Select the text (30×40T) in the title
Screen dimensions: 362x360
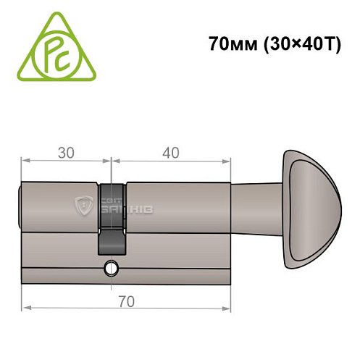pyautogui.click(x=292, y=43)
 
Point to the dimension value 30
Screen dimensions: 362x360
pyautogui.click(x=66, y=153)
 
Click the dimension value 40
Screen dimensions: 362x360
pyautogui.click(x=172, y=153)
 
